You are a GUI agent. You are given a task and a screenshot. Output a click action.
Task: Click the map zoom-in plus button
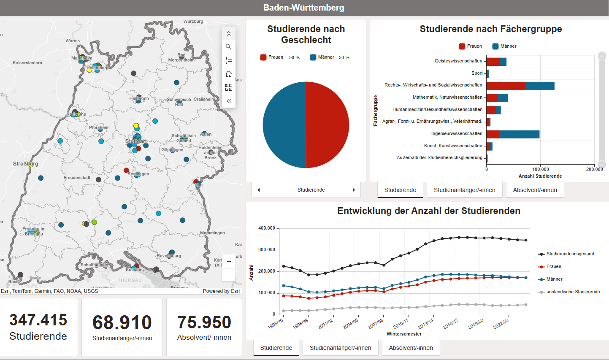coord(229,261)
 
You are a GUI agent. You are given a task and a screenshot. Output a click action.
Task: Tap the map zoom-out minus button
coord(229,275)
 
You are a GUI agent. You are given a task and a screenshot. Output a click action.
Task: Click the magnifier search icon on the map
coord(229,47)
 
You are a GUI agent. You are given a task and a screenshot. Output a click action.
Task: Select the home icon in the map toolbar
coord(229,74)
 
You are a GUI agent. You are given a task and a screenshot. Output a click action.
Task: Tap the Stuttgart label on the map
coord(136,141)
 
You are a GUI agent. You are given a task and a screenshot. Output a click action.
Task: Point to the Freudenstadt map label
coord(77,178)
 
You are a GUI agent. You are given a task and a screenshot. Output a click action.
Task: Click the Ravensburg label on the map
coord(168,256)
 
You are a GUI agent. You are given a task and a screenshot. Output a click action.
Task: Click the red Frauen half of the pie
coord(328,125)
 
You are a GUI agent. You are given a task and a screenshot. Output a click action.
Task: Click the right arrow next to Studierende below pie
coord(354,190)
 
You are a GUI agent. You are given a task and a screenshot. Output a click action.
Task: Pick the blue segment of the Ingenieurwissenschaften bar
coord(519,134)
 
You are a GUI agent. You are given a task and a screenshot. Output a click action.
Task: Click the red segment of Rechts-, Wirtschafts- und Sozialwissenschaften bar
coord(506,86)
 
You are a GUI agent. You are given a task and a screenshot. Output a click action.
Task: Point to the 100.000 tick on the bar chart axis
coord(541,169)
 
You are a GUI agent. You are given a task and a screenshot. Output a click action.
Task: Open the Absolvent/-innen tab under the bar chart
coord(535,190)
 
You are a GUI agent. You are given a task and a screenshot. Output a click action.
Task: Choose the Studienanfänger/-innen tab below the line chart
coord(340,348)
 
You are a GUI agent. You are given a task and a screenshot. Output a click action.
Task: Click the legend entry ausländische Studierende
coord(573,292)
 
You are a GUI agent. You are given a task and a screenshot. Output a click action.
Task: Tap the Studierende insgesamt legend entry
coord(570,254)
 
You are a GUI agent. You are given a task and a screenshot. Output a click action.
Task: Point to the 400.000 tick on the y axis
coord(266,228)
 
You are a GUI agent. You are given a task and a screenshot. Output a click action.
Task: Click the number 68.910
coord(122,322)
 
